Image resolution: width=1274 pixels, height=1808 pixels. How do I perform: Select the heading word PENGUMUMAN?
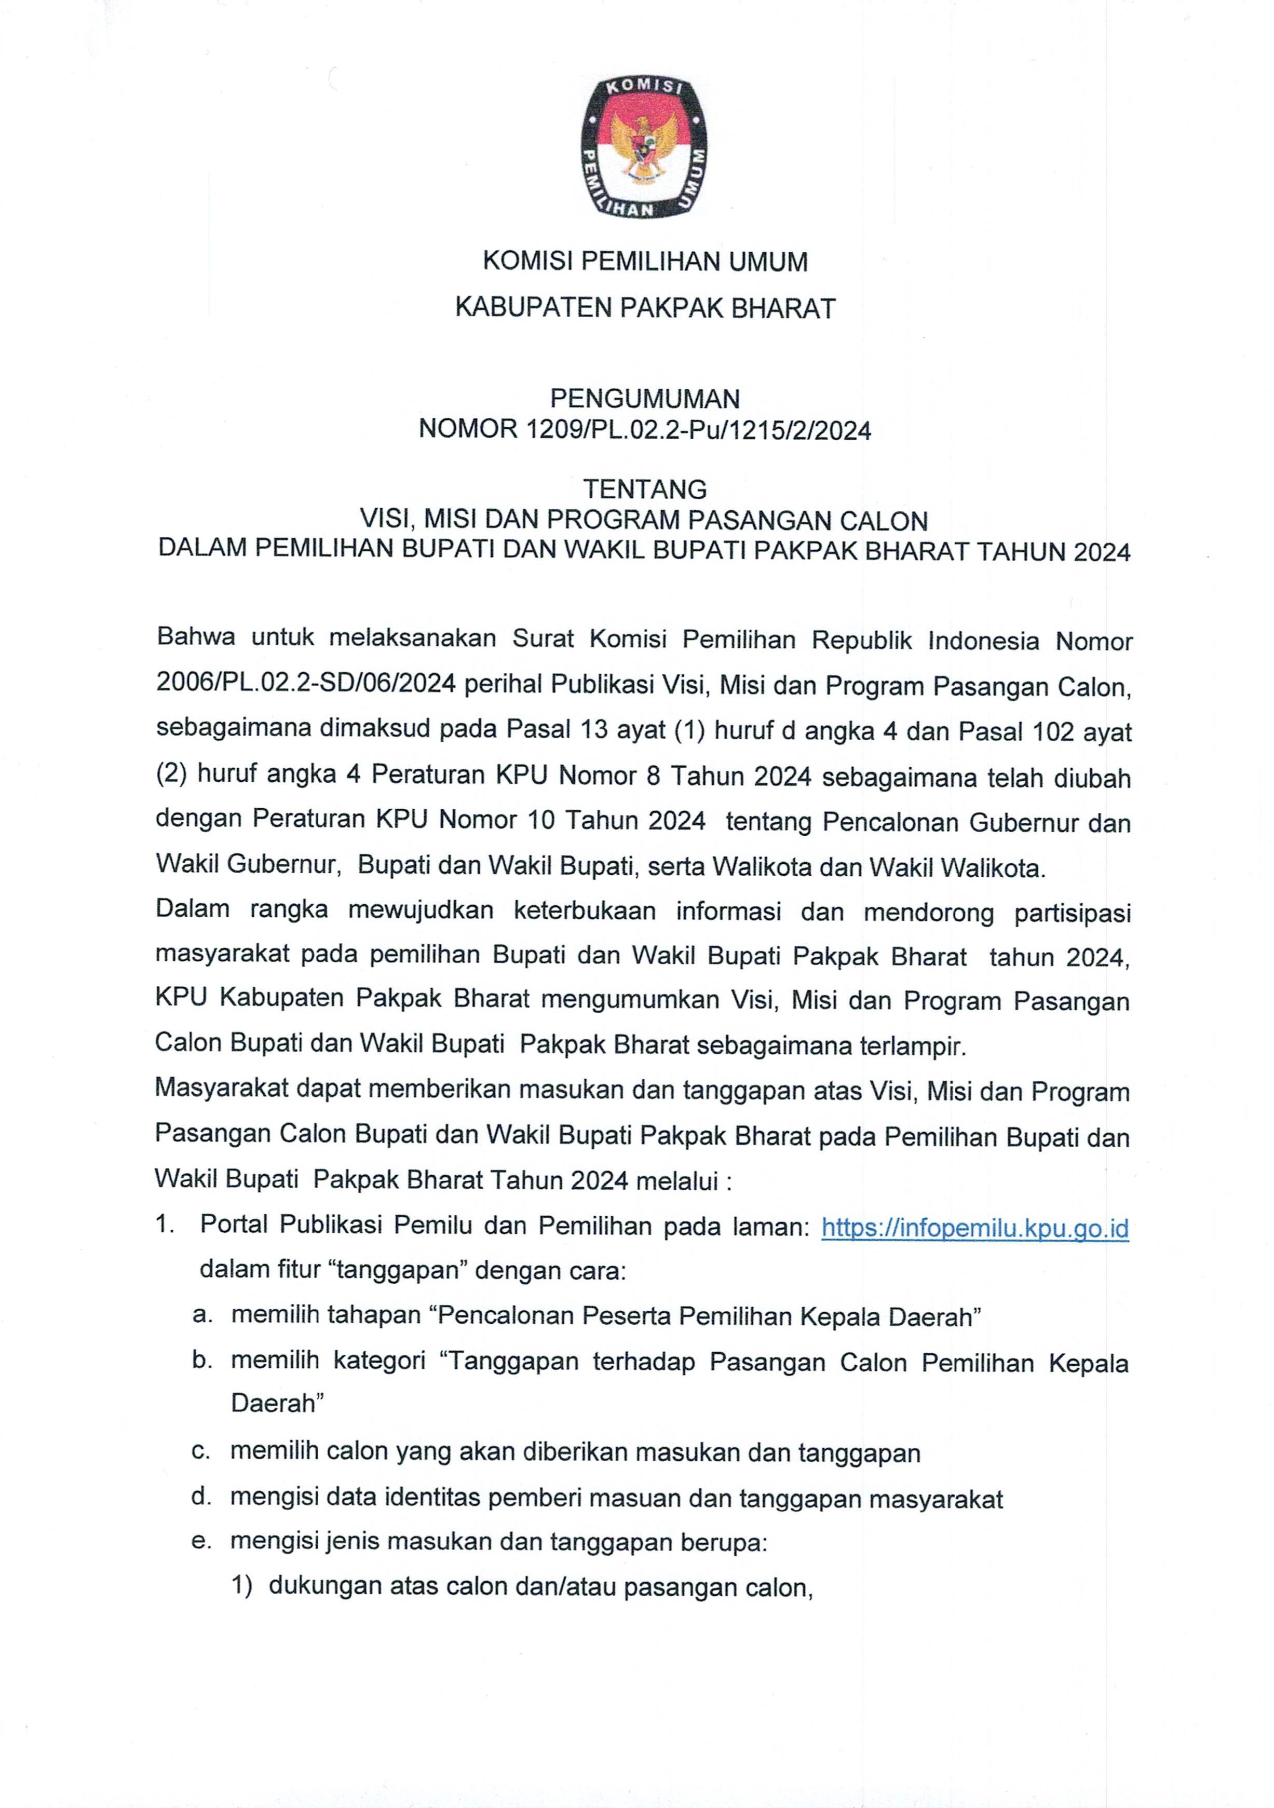645,399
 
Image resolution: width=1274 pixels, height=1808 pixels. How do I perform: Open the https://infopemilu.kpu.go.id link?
975,1228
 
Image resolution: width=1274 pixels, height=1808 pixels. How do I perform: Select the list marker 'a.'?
202,1316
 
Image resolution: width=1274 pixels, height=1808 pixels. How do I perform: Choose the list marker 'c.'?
202,1451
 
